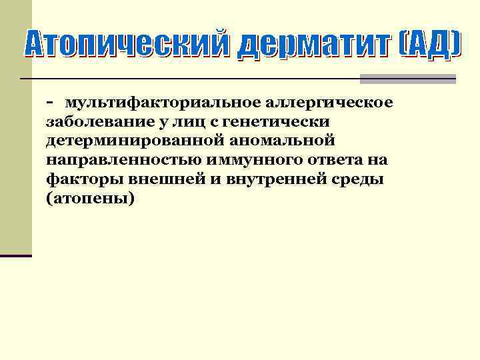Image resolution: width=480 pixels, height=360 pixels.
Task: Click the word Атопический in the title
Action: click(x=128, y=45)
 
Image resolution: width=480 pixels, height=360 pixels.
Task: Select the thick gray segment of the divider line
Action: click(x=407, y=79)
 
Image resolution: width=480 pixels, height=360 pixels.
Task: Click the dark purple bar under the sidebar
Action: click(x=16, y=255)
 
